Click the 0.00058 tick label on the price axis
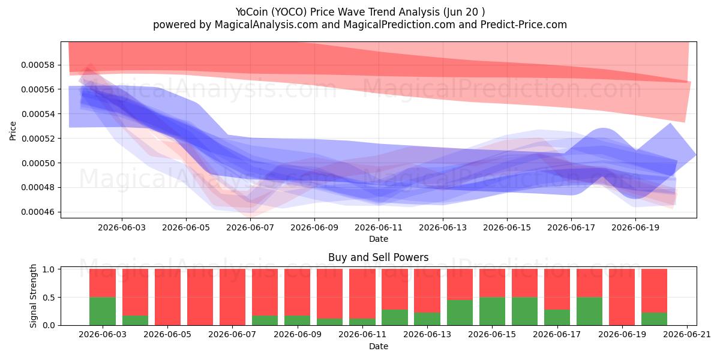coord(38,65)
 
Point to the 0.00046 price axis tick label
coord(38,212)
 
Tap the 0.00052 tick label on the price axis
coord(38,139)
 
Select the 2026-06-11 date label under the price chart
coord(379,227)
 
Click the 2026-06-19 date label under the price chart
coord(635,227)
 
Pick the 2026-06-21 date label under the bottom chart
coord(687,335)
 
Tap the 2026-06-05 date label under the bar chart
coord(167,335)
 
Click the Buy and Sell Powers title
coord(379,257)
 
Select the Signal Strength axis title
coord(33,296)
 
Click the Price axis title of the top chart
coord(13,131)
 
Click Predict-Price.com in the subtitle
coord(524,25)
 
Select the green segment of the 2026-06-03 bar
coord(103,311)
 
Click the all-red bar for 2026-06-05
coord(167,297)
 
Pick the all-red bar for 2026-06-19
coord(622,297)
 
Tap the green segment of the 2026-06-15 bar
coord(492,311)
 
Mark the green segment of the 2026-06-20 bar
coord(655,319)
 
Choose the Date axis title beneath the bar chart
coord(379,346)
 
